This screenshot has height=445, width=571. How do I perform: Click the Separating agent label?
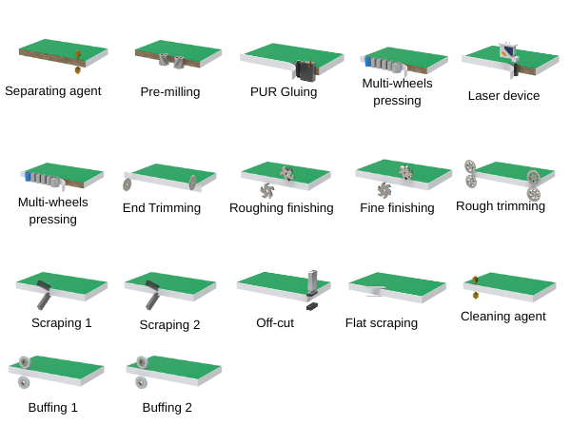coord(52,91)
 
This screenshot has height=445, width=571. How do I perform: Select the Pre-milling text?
coord(169,92)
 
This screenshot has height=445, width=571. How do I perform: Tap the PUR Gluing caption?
coord(284,92)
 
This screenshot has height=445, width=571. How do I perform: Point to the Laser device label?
coord(503,95)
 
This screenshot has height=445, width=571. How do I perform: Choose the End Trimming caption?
coord(162,207)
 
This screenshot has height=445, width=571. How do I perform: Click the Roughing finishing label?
coord(282,207)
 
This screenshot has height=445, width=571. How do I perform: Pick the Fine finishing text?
coord(397,207)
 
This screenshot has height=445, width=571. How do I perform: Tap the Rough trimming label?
coord(501,205)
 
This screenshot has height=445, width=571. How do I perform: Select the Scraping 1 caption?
coord(62,322)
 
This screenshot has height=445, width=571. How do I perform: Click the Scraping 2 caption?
coord(170,324)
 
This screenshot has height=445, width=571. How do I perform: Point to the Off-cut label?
coord(275,322)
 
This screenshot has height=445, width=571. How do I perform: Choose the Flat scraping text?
coord(381,322)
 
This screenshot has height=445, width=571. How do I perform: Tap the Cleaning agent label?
coord(503,316)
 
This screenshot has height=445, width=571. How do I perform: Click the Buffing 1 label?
coord(53,407)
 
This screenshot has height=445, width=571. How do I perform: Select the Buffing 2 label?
coord(167,407)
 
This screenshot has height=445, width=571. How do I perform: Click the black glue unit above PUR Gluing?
coord(305,70)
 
